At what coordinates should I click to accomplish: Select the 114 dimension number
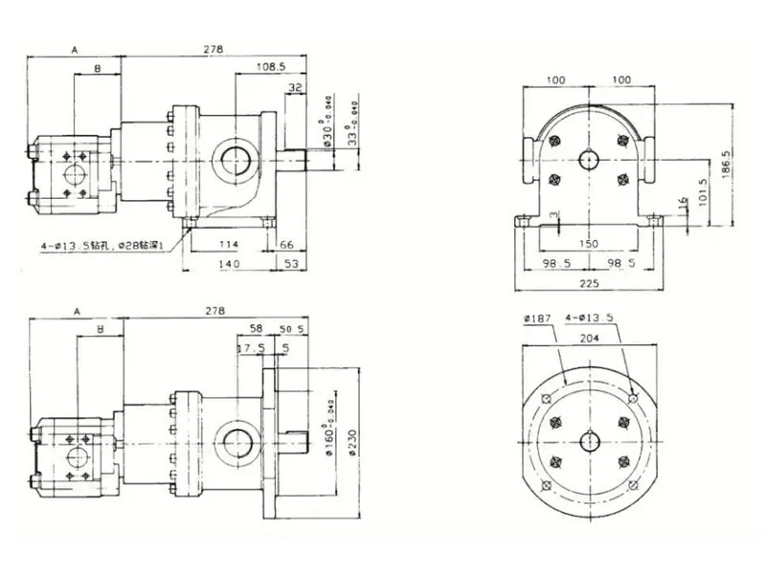[x=227, y=244]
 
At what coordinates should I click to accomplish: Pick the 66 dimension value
[x=287, y=244]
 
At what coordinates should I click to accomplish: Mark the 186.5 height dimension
[x=727, y=156]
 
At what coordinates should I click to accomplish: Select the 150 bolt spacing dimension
[x=588, y=244]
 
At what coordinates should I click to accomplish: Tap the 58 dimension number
[x=256, y=329]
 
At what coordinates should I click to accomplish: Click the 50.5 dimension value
[x=291, y=329]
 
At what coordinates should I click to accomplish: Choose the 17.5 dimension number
[x=251, y=348]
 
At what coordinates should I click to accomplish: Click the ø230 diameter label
[x=353, y=441]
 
